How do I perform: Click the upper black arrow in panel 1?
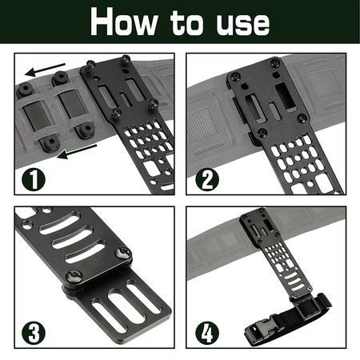tap(39, 68)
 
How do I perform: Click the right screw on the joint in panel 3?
tap(124, 254)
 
